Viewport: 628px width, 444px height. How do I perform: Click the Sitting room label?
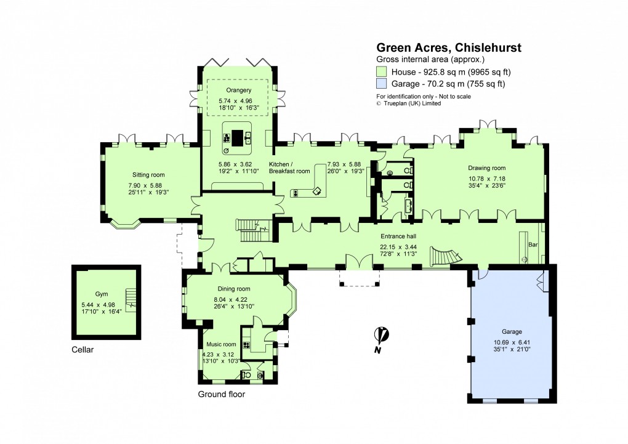tap(148, 175)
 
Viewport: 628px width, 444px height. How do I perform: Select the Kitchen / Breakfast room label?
tap(289, 168)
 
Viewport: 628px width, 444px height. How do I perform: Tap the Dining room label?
tap(233, 289)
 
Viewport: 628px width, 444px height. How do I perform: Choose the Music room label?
tap(221, 344)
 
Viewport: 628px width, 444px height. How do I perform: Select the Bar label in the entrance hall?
tap(533, 244)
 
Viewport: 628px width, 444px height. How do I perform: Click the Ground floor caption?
tap(221, 394)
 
